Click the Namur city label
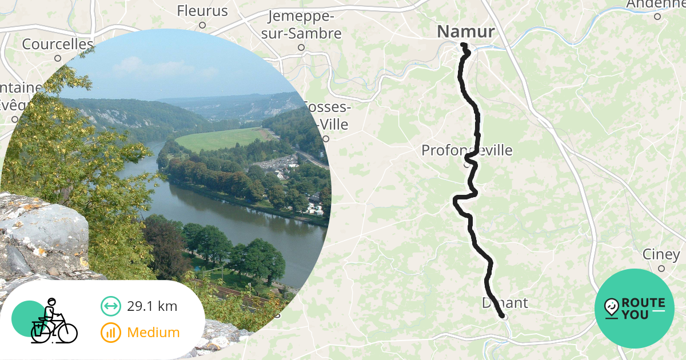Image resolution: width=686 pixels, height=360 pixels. point(465,32)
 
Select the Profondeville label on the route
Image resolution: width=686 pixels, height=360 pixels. point(466,151)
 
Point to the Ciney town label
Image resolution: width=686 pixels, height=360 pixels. point(661,254)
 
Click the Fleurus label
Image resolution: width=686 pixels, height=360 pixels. point(202,11)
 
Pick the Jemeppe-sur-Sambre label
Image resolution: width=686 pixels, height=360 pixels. point(301,25)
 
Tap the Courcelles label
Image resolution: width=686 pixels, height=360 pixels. point(57,44)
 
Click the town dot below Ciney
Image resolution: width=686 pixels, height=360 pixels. point(661,269)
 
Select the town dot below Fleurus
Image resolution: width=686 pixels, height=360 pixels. point(202,25)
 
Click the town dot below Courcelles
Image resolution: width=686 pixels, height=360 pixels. point(58,58)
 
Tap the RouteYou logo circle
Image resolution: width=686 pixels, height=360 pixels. point(635,309)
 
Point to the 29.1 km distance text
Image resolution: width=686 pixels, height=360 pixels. point(152,306)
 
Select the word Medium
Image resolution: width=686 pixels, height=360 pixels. point(153,333)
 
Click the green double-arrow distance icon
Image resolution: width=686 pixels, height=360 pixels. point(110,306)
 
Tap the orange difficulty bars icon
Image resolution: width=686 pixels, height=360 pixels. point(110,333)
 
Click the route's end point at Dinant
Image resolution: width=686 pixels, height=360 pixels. point(503,315)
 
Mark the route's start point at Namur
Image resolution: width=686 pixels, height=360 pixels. point(464,45)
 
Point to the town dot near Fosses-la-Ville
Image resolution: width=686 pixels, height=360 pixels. point(326,138)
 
